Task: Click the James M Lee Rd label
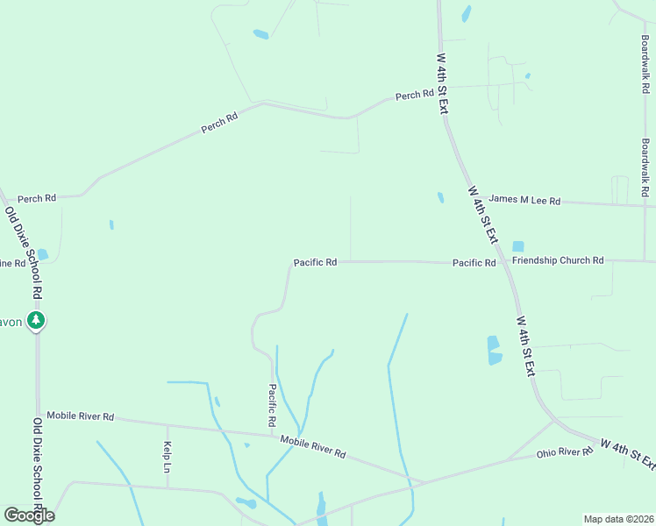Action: pyautogui.click(x=524, y=201)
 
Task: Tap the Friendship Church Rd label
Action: pyautogui.click(x=559, y=260)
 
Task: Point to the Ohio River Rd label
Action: pyautogui.click(x=565, y=452)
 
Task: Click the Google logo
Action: pyautogui.click(x=29, y=515)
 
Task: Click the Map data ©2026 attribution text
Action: pyautogui.click(x=617, y=519)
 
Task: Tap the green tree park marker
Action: pyautogui.click(x=36, y=321)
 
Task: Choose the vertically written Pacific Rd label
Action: pyautogui.click(x=273, y=405)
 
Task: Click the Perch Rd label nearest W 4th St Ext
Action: pyautogui.click(x=415, y=95)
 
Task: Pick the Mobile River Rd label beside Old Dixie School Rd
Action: pyautogui.click(x=81, y=416)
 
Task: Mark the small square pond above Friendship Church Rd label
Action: pyautogui.click(x=517, y=246)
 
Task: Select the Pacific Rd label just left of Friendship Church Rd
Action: pyautogui.click(x=474, y=263)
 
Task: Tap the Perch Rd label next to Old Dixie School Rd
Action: pyautogui.click(x=37, y=198)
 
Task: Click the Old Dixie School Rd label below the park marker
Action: pyautogui.click(x=38, y=464)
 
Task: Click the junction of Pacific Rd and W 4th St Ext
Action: pyautogui.click(x=503, y=262)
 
